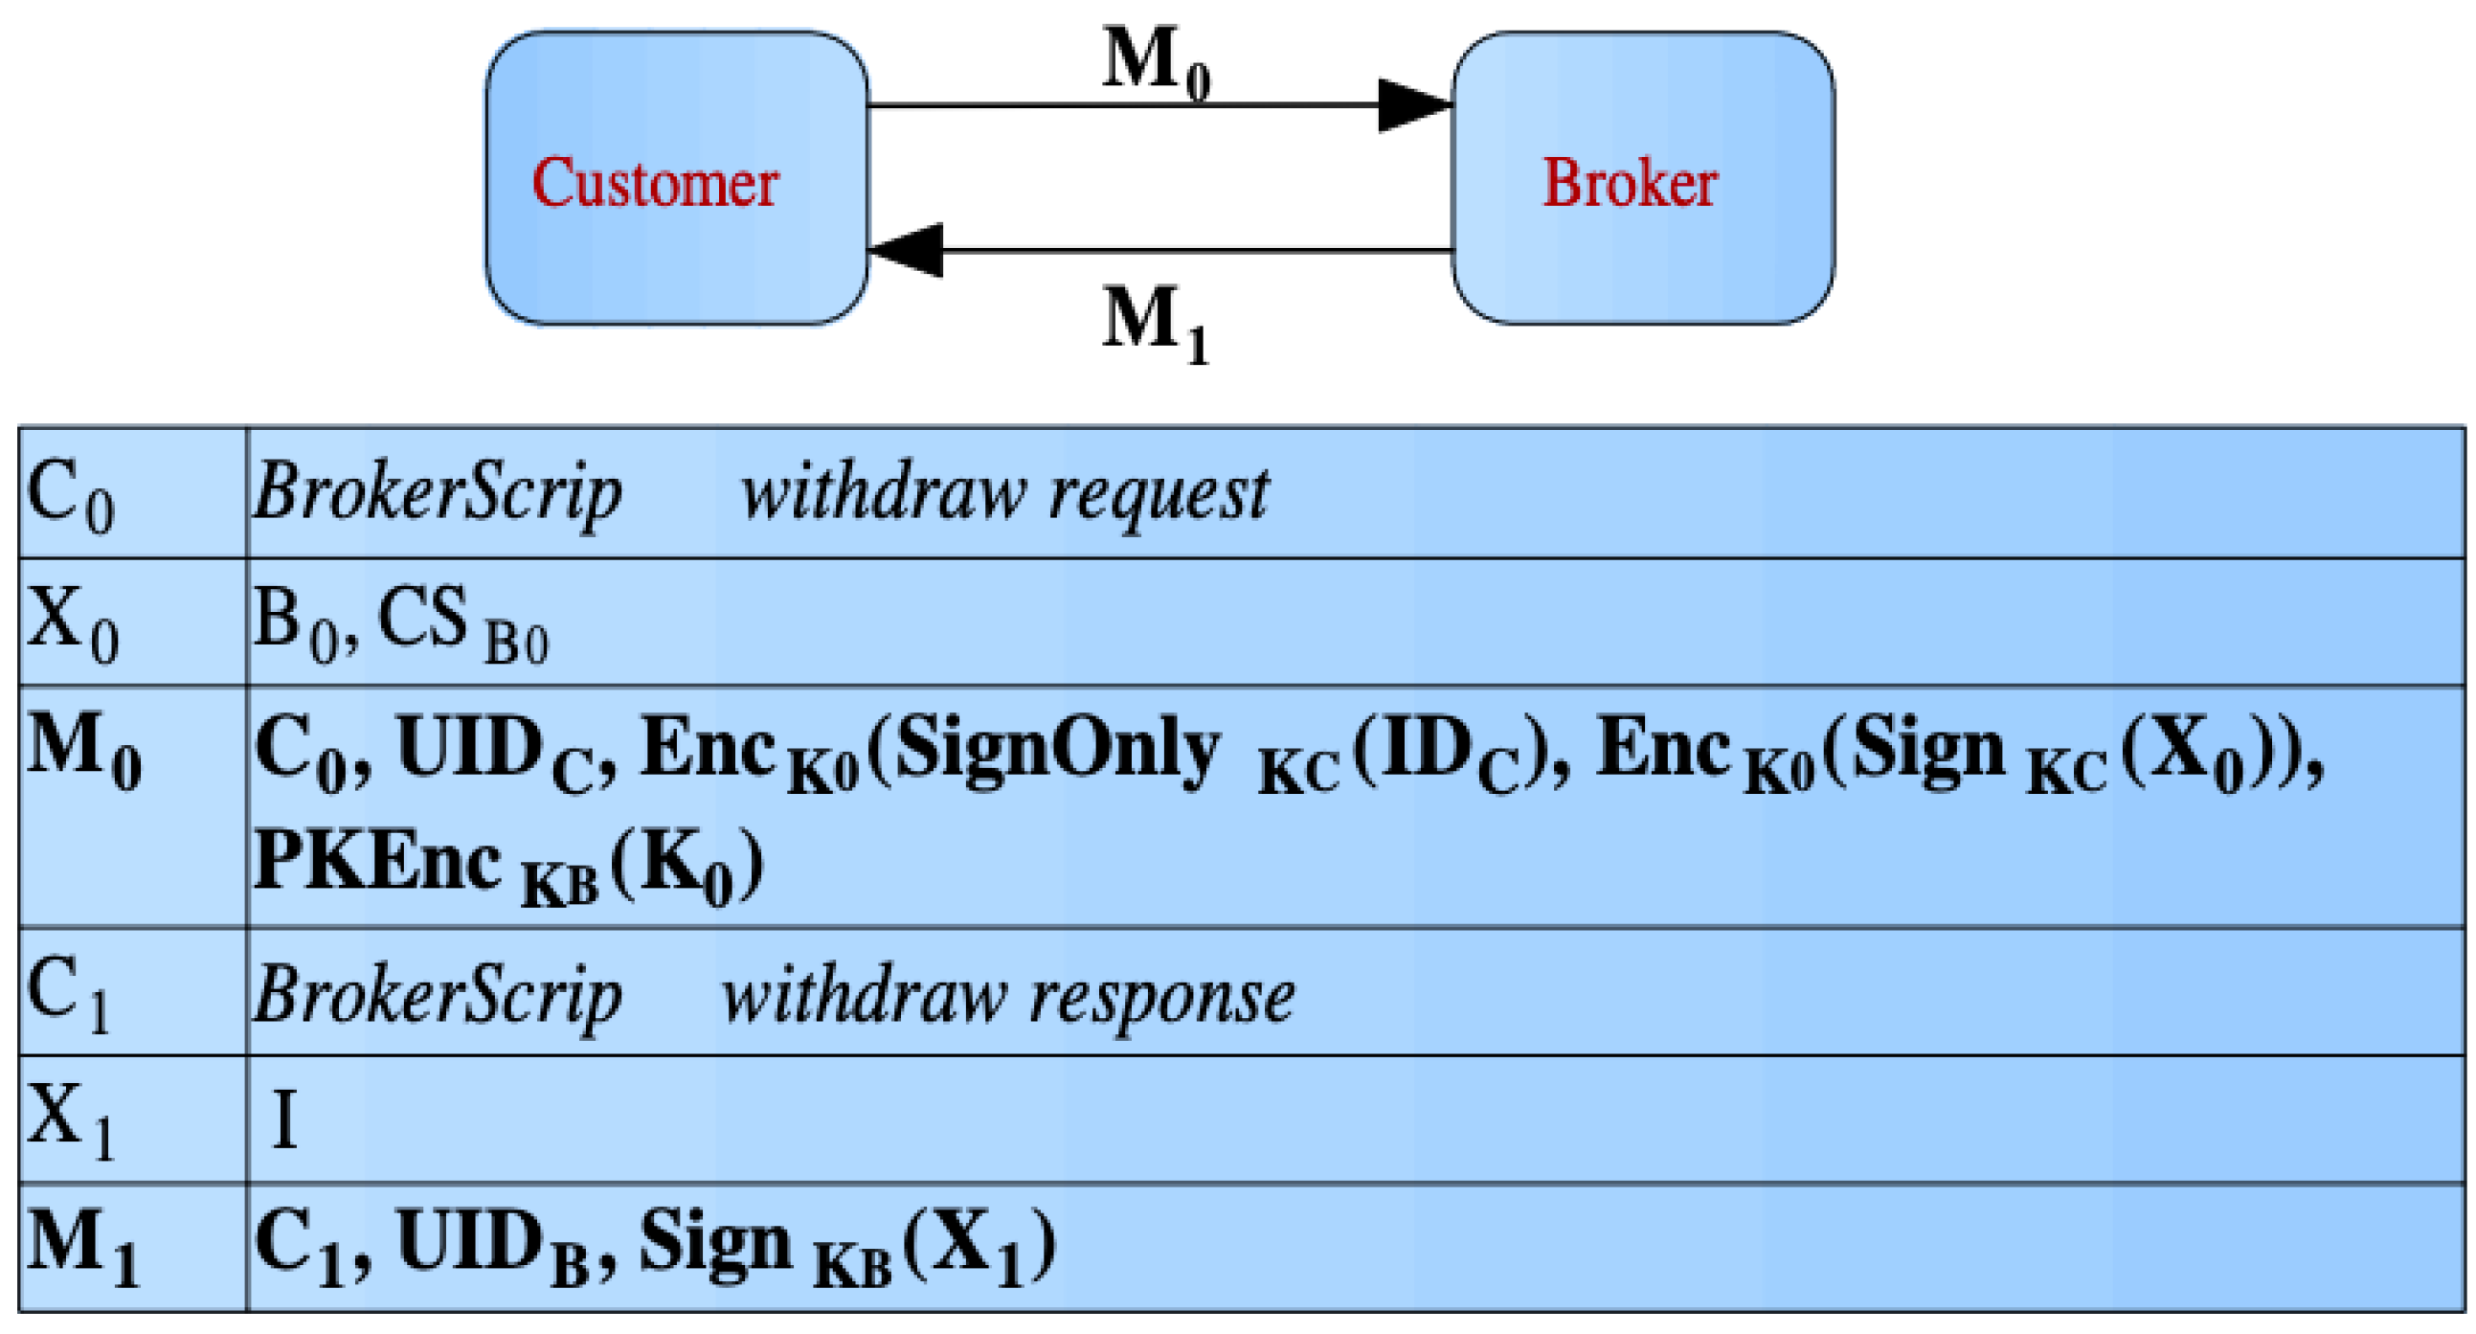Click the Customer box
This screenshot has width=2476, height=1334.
(x=676, y=178)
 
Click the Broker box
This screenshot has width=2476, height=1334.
(x=1642, y=178)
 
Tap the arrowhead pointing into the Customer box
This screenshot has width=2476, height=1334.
(x=906, y=250)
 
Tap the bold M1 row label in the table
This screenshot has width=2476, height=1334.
(x=82, y=1247)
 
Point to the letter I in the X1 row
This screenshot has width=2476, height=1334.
(x=283, y=1119)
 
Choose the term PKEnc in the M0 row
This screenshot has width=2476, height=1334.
(x=377, y=862)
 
